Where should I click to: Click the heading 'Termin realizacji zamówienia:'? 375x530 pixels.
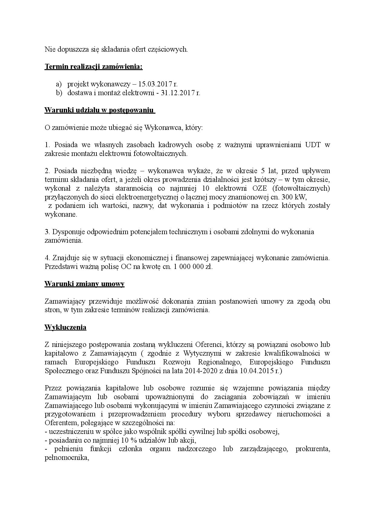coord(93,66)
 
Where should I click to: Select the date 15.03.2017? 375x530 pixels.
coord(156,84)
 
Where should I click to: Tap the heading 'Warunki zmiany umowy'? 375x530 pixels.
coord(84,284)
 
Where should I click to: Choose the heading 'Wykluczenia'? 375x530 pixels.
coord(65,328)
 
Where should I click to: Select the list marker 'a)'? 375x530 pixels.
coord(58,84)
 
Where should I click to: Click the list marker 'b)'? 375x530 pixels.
coord(59,92)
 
